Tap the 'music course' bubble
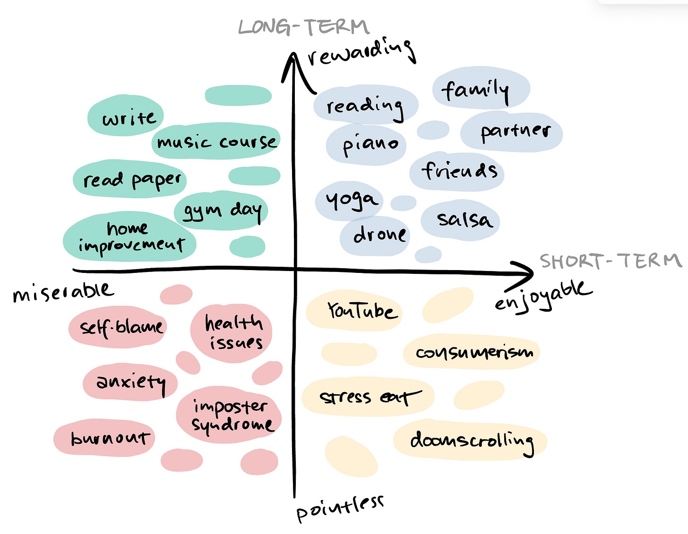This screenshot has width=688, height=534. point(216,141)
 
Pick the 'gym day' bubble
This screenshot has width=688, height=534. point(221,210)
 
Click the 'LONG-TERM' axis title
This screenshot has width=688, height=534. point(304,27)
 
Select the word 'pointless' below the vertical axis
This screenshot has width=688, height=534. point(340,508)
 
